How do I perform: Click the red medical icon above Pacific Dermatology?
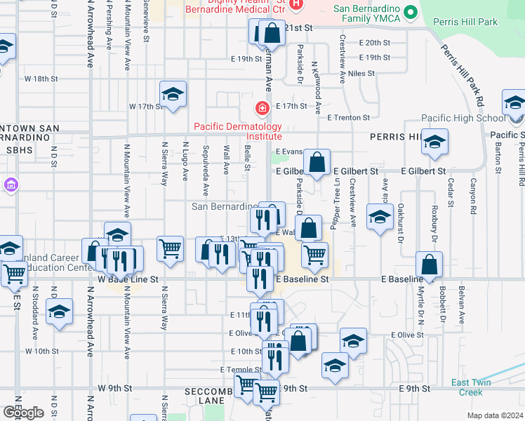262,108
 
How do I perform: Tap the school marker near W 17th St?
173,93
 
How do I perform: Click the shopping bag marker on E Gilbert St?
317,163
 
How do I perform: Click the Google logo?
23,413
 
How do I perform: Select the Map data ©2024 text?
495,415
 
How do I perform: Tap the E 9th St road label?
413,389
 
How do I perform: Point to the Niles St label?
361,73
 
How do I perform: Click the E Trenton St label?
348,118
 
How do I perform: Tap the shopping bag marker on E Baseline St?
429,265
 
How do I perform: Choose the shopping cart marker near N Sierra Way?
170,248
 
